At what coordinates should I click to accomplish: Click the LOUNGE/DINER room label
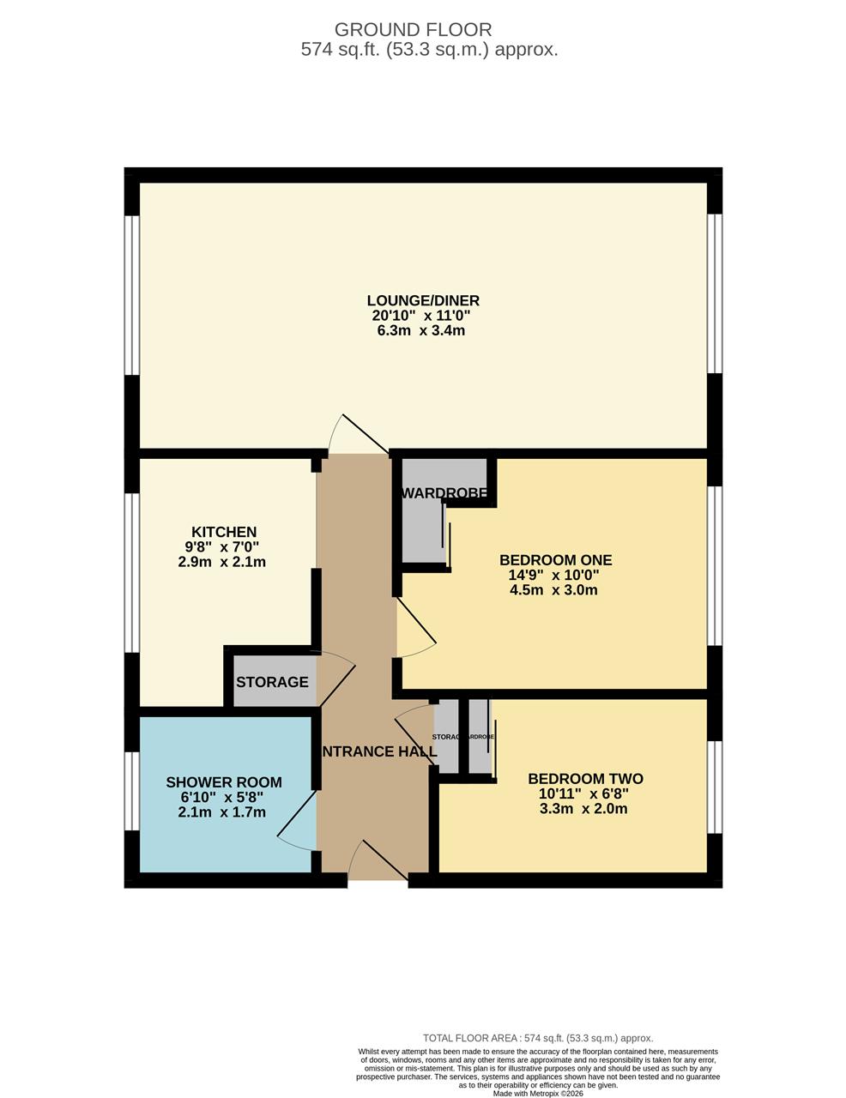(x=423, y=300)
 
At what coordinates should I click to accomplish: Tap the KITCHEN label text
(x=224, y=532)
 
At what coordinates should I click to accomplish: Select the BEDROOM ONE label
(x=556, y=560)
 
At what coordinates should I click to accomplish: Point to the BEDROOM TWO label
(x=585, y=779)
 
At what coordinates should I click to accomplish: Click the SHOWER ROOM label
(x=224, y=782)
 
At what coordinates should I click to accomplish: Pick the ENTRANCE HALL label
(x=378, y=752)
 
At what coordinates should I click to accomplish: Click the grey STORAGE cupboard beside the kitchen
(x=272, y=682)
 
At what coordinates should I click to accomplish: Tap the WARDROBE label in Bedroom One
(x=444, y=493)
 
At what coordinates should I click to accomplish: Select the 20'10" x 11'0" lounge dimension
(x=421, y=316)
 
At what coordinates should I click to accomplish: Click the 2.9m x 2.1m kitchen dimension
(x=221, y=563)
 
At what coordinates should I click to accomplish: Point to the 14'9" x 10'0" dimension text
(x=553, y=576)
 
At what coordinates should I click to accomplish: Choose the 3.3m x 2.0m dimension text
(x=583, y=809)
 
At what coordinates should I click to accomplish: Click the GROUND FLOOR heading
(x=413, y=29)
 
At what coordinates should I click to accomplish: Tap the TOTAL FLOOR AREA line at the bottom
(x=538, y=1038)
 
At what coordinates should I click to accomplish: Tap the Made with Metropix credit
(x=538, y=1094)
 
